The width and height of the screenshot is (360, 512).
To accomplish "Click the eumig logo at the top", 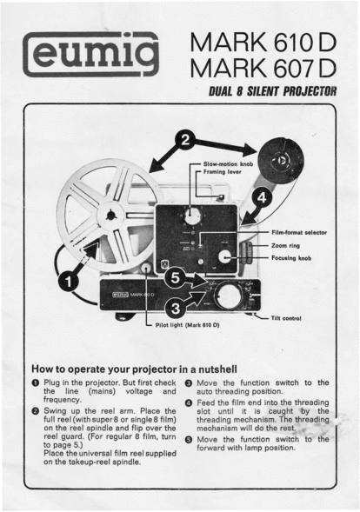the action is coord(90,54).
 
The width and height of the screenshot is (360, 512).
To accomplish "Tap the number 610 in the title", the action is coord(293,43).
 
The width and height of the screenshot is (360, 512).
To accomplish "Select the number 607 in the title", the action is coord(293,69).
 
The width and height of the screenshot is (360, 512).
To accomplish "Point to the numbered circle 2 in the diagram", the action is coord(185,140).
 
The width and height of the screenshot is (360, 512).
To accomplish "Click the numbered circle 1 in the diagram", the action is coord(69,282).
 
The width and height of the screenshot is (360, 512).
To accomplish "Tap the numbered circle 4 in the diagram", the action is coord(262,197).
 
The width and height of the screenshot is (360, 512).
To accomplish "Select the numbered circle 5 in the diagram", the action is coord(176,278).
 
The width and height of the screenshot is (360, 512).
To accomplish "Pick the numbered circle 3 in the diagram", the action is coord(176,309).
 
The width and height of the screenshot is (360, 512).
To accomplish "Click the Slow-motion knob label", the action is coord(228,164).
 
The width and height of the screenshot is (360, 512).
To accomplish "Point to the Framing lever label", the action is coord(222,172).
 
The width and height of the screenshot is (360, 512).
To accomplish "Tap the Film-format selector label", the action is coord(299,232).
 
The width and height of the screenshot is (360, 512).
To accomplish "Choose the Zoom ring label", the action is coord(285,245).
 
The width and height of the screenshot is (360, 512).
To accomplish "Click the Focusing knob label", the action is coord(291,258).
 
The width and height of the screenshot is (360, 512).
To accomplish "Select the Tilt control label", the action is coord(286,318).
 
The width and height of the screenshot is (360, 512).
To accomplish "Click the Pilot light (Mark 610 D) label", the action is coord(187,325).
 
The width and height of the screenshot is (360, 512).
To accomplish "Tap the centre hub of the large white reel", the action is coord(110,216).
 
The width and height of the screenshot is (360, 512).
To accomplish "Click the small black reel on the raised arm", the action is coord(281,161).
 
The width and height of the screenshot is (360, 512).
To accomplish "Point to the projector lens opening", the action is coord(229,296).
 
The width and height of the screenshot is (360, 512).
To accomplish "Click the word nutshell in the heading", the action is coord(217,369).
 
